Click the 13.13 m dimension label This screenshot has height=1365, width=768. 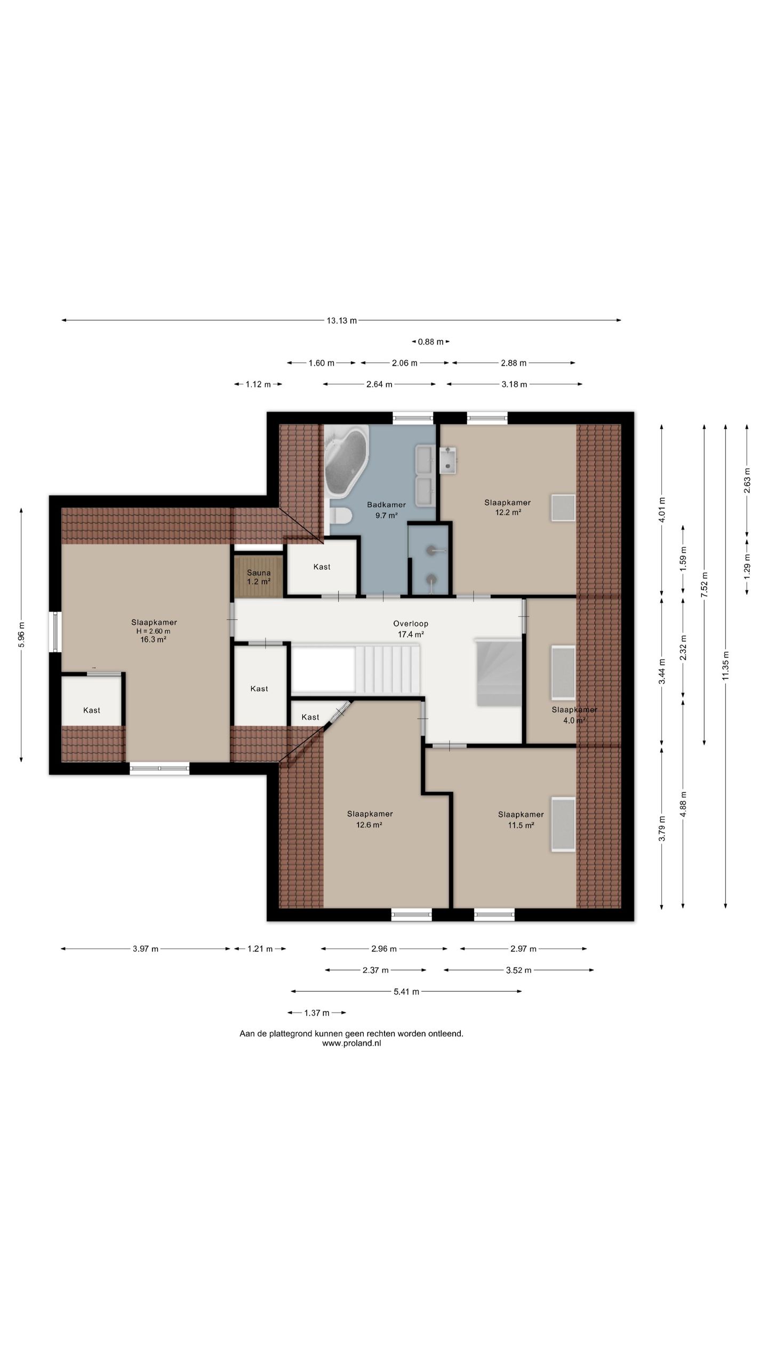(x=341, y=320)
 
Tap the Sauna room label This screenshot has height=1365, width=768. (x=259, y=577)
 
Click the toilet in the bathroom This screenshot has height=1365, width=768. (x=340, y=516)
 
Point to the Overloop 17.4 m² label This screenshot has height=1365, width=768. (x=411, y=629)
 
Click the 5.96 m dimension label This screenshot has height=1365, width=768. (x=21, y=635)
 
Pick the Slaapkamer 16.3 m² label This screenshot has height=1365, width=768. (x=154, y=631)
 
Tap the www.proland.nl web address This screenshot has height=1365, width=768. (x=351, y=1043)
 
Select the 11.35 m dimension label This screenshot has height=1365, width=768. (x=725, y=665)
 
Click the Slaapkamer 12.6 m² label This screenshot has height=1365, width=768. (x=370, y=819)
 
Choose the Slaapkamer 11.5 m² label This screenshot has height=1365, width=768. (x=521, y=820)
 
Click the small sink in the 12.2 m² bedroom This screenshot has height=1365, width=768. (x=448, y=460)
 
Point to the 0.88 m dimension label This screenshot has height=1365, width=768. (x=430, y=342)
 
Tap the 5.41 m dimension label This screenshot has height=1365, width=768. (x=406, y=992)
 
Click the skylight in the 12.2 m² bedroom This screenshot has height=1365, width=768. (x=563, y=508)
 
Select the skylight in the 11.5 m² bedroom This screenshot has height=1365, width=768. (x=563, y=824)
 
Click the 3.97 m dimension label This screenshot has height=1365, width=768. (x=146, y=949)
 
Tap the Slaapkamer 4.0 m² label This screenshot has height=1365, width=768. (x=574, y=715)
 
